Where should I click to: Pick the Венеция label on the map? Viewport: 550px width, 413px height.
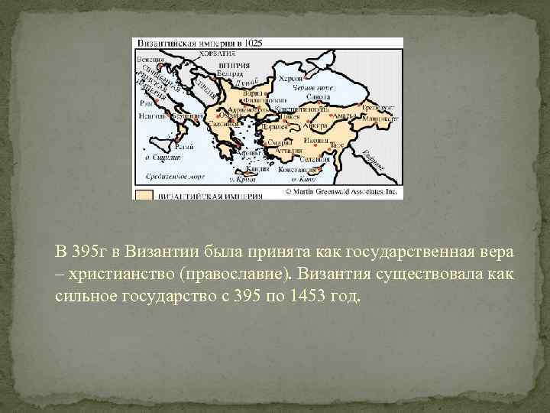tap(150, 59)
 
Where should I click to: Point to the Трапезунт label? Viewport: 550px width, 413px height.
tap(377, 109)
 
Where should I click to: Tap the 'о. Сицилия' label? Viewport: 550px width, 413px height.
tap(164, 157)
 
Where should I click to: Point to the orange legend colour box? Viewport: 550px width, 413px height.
tap(144, 193)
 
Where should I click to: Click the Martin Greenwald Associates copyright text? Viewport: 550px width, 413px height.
tap(341, 193)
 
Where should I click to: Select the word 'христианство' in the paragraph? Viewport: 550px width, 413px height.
tap(110, 273)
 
